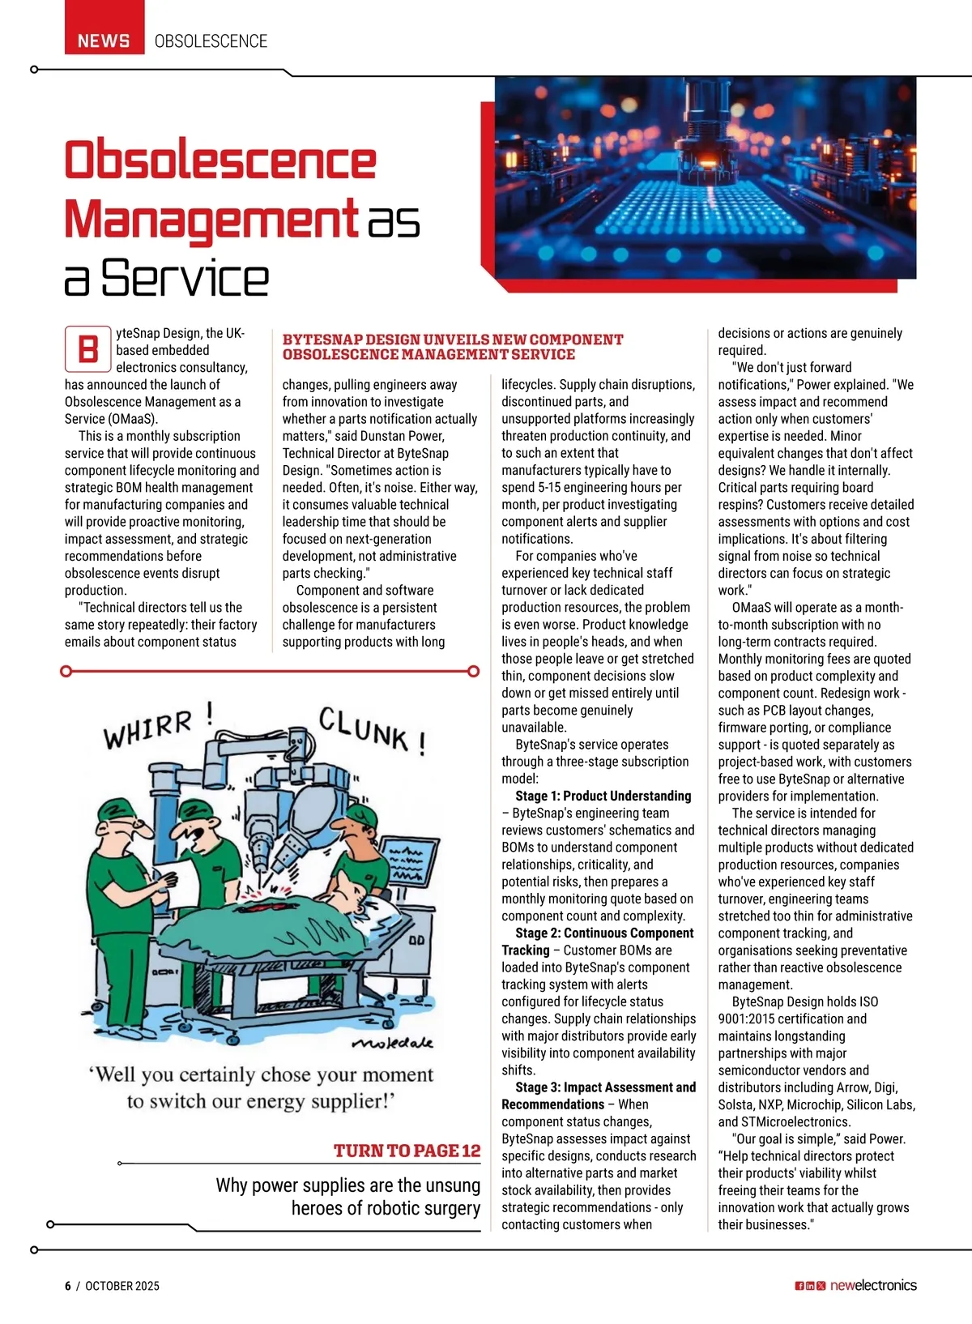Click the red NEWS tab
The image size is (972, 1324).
(104, 41)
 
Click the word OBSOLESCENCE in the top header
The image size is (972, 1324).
(211, 41)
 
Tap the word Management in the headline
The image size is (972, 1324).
(211, 219)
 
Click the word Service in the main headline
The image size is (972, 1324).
(185, 279)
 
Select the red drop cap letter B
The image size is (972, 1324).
(87, 349)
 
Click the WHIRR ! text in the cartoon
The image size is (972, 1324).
(158, 724)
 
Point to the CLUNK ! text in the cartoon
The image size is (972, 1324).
(372, 730)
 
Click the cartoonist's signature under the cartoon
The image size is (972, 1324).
(394, 1042)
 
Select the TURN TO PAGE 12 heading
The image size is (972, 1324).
(407, 1151)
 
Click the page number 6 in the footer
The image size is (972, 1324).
(68, 1286)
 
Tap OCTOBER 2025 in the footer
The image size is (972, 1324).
(122, 1286)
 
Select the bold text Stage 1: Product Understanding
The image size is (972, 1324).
(603, 796)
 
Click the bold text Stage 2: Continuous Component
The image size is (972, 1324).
(604, 933)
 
